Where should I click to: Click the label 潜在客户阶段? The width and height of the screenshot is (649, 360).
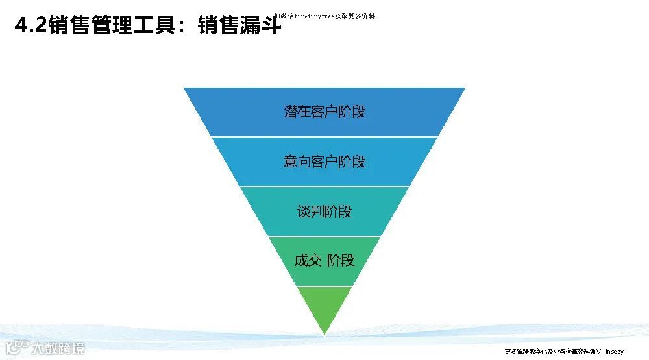324,111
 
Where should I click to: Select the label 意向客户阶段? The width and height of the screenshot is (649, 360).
324,161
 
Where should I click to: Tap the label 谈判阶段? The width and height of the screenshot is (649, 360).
324,211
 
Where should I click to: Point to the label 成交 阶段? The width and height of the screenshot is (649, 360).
324,261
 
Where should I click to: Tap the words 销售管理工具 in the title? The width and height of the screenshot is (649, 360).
111,26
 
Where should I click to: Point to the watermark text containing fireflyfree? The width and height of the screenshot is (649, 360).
324,16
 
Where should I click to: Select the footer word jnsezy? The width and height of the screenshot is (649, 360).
613,351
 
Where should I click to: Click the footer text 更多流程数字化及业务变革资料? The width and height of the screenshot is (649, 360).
546,351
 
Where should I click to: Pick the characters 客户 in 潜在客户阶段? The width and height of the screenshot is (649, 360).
324,111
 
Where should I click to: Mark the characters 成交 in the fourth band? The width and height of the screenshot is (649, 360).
308,261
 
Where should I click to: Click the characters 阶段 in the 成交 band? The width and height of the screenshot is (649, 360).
341,261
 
